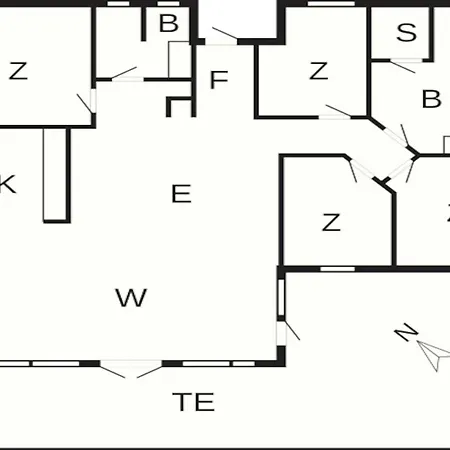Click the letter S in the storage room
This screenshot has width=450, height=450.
406,33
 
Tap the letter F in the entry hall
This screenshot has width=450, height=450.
219,80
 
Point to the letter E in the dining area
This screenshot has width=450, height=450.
181,194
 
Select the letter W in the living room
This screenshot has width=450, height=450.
131,298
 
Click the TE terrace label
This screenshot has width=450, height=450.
193,402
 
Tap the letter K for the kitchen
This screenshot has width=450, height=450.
7,184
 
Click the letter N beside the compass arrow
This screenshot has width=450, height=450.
406,332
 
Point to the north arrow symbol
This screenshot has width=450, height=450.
435,355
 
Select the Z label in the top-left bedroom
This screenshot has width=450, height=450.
18,71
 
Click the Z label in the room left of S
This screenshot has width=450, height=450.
318,71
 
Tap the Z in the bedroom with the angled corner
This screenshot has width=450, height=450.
331,222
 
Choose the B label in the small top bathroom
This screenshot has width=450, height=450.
169,23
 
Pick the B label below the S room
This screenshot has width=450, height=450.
431,99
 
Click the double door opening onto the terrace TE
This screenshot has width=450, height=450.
131,368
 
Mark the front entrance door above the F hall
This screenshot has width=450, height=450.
221,37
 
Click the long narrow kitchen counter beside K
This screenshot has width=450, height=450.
55,175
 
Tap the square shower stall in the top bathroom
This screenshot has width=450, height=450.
180,60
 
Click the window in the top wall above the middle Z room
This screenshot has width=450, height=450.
331,4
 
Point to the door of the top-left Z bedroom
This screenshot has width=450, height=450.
87,103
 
